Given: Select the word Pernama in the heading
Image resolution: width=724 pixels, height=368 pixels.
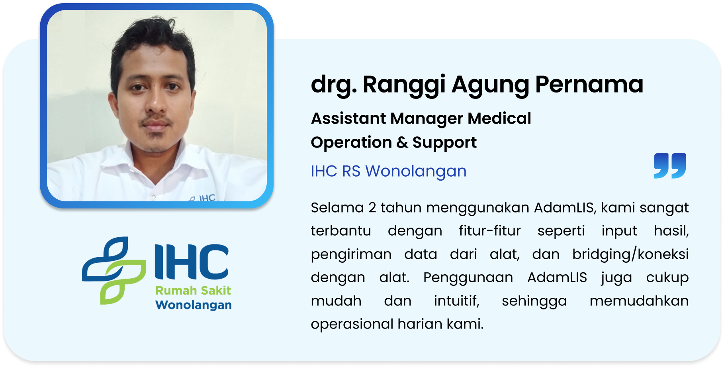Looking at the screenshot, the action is click(589, 85).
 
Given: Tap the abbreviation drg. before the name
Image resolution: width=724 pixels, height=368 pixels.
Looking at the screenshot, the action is click(334, 85).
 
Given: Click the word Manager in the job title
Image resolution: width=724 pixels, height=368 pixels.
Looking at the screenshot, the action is click(426, 119).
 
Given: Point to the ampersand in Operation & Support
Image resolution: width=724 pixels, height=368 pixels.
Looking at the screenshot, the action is click(402, 142).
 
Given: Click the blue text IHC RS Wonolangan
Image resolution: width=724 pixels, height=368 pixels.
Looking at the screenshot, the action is click(388, 171).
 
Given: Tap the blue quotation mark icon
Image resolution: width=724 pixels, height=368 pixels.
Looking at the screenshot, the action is click(670, 165).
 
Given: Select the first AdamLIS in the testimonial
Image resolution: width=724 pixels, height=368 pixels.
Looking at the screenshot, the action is click(566, 208).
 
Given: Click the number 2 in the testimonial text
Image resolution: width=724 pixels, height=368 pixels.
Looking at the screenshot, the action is click(372, 208).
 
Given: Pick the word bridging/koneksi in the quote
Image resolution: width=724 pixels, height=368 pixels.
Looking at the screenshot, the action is click(630, 255).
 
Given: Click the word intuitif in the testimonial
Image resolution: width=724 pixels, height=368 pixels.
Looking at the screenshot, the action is click(457, 301).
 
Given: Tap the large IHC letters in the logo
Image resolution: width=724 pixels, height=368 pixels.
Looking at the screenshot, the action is click(192, 262).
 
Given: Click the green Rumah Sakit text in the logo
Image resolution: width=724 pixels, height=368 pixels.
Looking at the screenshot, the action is click(193, 291).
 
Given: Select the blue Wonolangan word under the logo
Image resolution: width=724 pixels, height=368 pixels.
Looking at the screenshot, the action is click(194, 305).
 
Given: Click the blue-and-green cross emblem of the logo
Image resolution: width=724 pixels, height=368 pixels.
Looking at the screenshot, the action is click(114, 270).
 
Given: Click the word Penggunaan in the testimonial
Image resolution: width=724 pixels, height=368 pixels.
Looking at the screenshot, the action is click(468, 278).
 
